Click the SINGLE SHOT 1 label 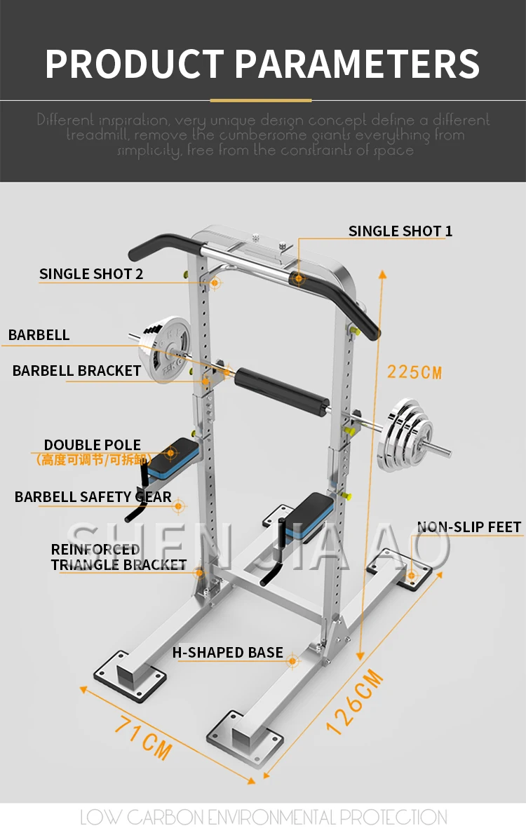click(400, 231)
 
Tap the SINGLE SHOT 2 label click(91, 274)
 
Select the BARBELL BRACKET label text click(76, 370)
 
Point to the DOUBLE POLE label click(93, 445)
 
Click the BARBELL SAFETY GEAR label click(93, 497)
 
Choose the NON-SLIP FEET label click(469, 527)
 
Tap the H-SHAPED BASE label click(228, 653)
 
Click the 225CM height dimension click(414, 372)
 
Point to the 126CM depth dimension click(356, 701)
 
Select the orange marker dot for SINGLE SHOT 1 click(299, 279)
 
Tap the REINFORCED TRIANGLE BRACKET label click(118, 557)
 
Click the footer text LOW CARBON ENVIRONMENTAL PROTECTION click(263, 817)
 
